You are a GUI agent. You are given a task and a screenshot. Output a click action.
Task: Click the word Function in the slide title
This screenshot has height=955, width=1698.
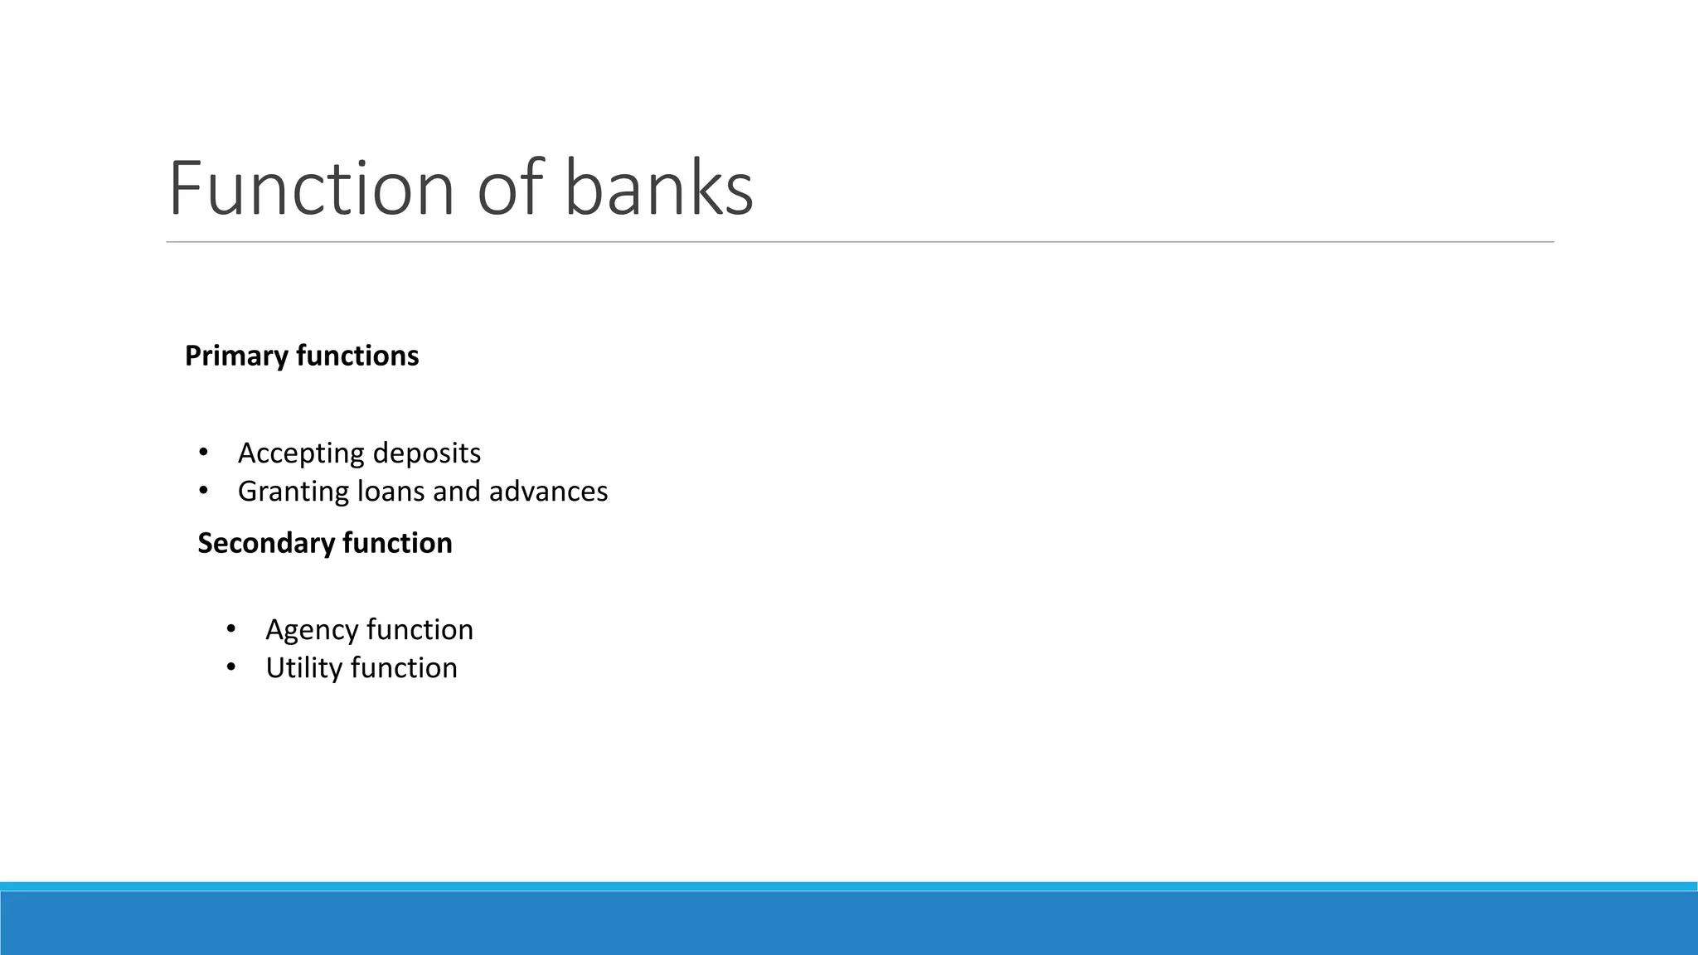tap(311, 189)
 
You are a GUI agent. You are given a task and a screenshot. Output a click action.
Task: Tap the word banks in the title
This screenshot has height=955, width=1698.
tap(658, 189)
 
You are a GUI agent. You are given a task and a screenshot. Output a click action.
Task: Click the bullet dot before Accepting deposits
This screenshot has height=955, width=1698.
tap(202, 453)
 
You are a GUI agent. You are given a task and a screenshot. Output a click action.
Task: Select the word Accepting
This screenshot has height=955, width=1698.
tap(301, 453)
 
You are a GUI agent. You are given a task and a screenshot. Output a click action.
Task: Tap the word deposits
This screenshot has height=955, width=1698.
tap(427, 453)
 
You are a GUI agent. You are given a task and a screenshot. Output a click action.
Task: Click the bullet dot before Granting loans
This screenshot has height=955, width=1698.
tap(202, 491)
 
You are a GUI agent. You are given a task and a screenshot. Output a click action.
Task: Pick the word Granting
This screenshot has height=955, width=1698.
tap(294, 492)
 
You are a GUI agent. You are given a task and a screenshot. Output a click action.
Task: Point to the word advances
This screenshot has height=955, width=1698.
tap(548, 492)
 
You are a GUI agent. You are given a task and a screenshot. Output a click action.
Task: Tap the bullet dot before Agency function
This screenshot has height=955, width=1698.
tap(230, 629)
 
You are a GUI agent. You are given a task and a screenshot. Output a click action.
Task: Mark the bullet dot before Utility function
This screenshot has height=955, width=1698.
tap(230, 667)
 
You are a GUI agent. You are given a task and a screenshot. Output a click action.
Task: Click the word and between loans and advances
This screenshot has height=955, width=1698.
tap(457, 492)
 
